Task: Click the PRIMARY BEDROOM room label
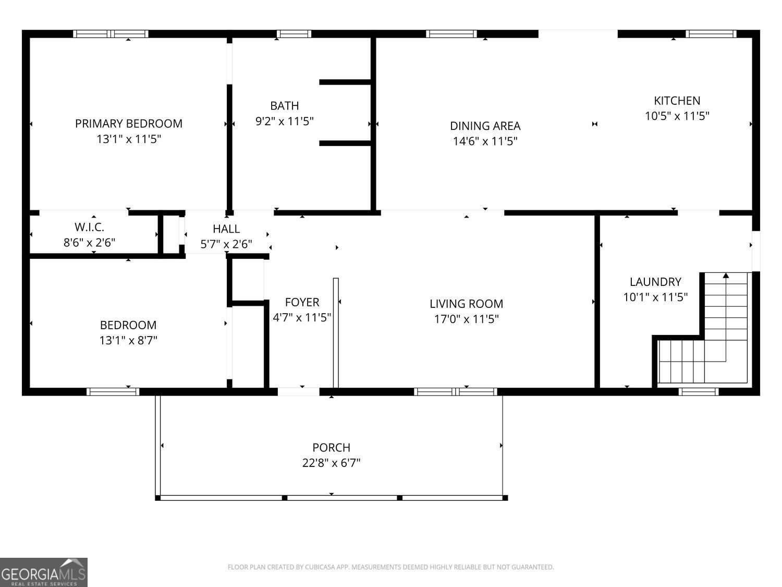pos(129,124)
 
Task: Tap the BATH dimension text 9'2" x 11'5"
pos(284,122)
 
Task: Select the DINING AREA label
pos(485,126)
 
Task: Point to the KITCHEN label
pos(677,101)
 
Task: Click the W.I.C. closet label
pos(90,227)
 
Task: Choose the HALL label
pos(226,229)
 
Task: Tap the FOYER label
pos(302,302)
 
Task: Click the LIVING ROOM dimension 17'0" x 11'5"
pos(466,319)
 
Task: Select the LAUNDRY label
pos(655,282)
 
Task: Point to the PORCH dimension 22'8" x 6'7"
pos(332,463)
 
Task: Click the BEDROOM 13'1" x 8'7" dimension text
pos(128,340)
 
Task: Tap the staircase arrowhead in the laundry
pos(726,275)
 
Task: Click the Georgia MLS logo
pos(43,572)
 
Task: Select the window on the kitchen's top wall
pos(711,34)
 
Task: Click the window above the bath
pos(294,34)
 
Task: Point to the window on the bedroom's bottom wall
pos(113,392)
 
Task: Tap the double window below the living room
pos(455,392)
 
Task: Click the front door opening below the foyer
pos(299,392)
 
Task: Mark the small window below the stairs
pos(698,392)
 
